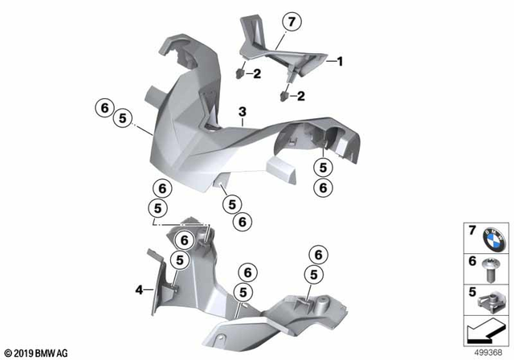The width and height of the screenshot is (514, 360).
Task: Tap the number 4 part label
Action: pyautogui.click(x=138, y=289)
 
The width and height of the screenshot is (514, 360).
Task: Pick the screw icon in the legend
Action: pyautogui.click(x=492, y=268)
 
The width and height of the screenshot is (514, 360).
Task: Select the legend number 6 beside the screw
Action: pyautogui.click(x=472, y=262)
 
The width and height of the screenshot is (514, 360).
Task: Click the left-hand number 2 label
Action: pyautogui.click(x=255, y=75)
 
